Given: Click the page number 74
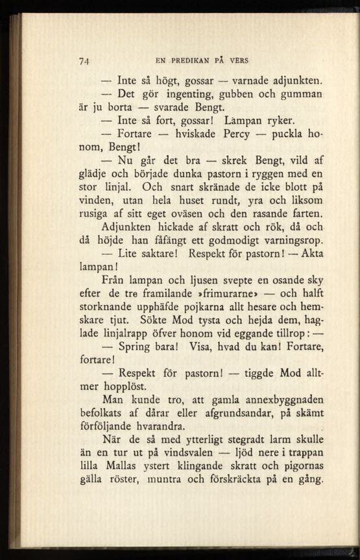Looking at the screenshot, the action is point(84,61).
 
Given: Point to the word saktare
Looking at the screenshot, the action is point(154,254).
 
